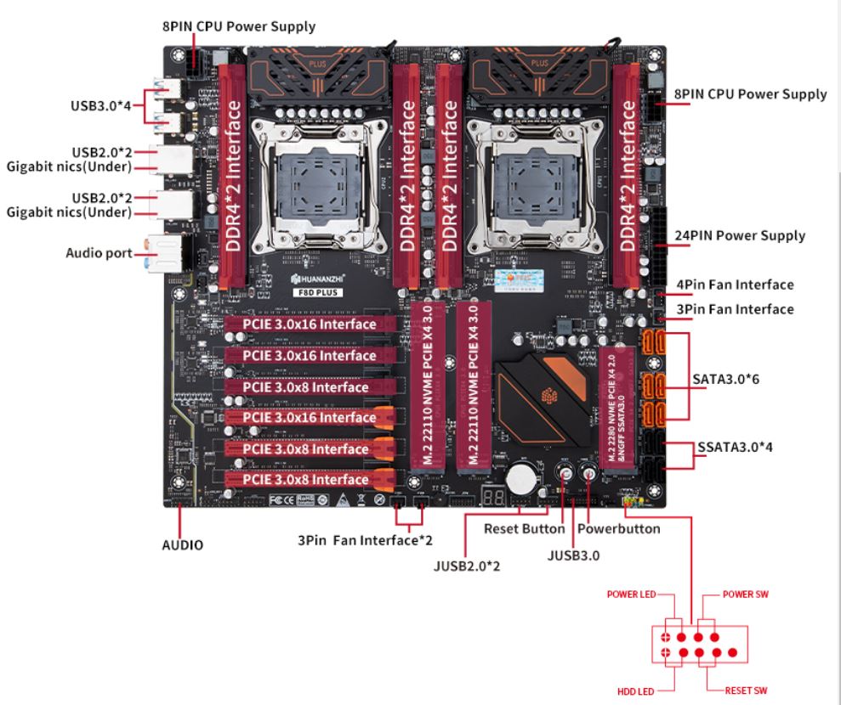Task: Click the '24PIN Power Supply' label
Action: click(739, 235)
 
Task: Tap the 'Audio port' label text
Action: click(99, 253)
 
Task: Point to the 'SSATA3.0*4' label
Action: click(736, 446)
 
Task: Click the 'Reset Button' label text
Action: click(524, 528)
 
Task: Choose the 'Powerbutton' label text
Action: click(618, 528)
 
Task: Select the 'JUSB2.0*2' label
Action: click(466, 565)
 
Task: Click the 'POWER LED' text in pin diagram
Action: click(629, 594)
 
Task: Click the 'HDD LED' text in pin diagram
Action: click(636, 691)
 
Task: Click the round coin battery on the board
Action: click(520, 480)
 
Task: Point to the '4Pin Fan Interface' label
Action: click(735, 285)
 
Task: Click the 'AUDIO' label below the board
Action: click(183, 544)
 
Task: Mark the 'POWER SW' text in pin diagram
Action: click(746, 594)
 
